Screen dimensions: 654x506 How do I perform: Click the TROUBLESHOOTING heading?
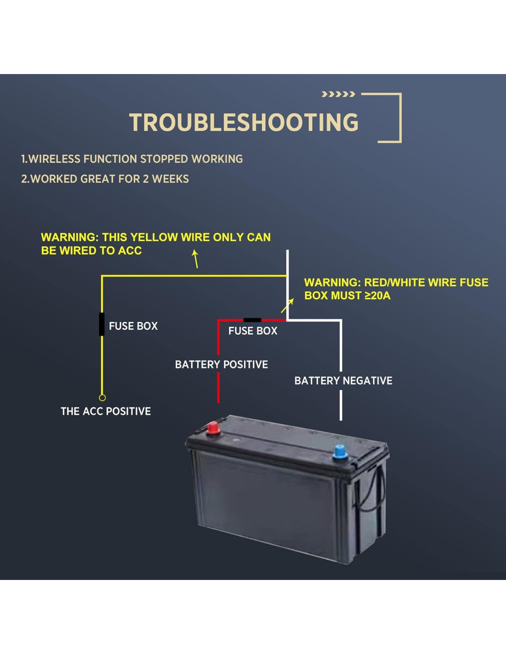pos(243,122)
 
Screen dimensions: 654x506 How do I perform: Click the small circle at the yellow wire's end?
pos(102,397)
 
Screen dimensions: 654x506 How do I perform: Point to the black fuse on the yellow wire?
pos(102,324)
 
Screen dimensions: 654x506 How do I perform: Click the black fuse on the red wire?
pos(252,320)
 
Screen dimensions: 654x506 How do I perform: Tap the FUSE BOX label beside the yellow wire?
pos(133,326)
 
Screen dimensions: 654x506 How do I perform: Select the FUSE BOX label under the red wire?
pos(253,331)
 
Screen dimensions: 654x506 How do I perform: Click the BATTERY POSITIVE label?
pos(221,365)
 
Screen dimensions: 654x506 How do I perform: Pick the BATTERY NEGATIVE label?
pos(343,381)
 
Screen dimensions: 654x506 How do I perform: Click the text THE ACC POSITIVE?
pos(106,411)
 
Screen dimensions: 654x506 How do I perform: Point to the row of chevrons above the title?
pos(338,94)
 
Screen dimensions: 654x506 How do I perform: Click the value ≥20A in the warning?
pos(377,296)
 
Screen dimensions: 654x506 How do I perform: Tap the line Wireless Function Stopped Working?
pos(132,159)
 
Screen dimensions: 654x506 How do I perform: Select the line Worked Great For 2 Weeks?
pos(105,179)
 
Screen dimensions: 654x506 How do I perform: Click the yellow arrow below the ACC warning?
pos(195,258)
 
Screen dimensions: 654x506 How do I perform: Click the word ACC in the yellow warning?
pos(130,251)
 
